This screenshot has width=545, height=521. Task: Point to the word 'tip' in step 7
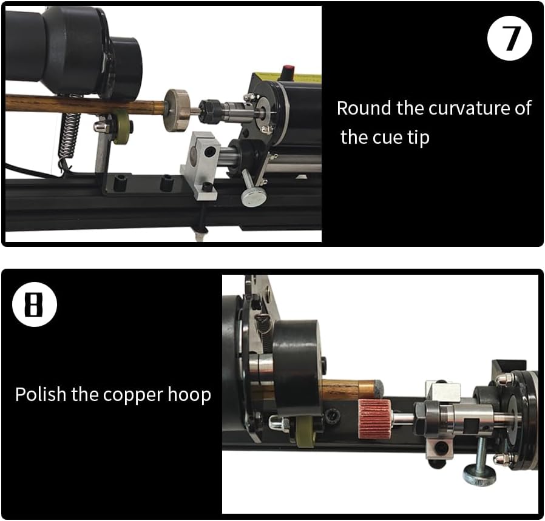pos(418,137)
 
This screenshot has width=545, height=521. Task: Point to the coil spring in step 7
pos(71,133)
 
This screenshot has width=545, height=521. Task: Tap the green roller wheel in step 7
pos(123,127)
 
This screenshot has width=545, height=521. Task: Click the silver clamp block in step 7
pos(201,164)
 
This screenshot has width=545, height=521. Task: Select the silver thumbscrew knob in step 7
pos(251,195)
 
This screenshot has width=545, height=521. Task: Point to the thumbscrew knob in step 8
pos(479,474)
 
